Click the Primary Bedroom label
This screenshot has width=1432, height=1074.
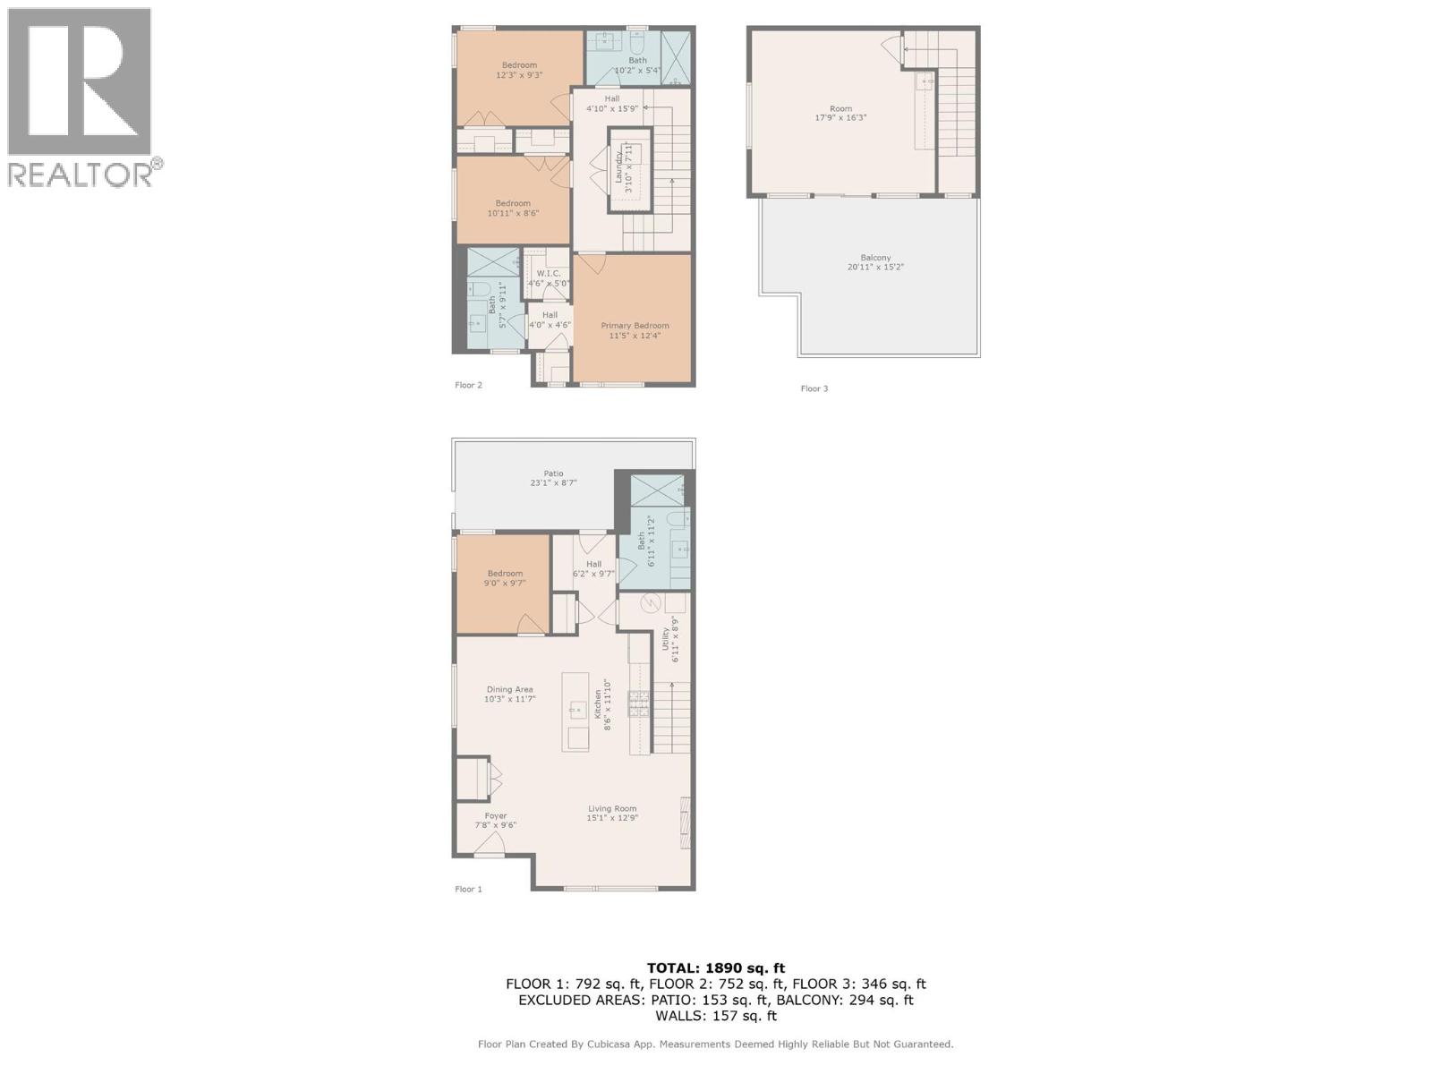635,326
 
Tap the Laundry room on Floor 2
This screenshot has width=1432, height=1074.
630,169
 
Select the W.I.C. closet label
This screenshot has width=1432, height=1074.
548,274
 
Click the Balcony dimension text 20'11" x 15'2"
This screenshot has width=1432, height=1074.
875,268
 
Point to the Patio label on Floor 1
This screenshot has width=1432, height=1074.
553,473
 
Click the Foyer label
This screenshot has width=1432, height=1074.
495,815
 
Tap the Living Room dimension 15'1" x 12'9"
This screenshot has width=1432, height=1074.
612,819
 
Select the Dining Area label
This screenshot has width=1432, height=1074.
509,690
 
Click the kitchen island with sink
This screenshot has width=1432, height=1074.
575,712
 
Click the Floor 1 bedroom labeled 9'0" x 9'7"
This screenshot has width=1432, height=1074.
505,578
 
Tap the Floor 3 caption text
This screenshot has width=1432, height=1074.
814,388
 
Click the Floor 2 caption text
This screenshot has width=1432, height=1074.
468,385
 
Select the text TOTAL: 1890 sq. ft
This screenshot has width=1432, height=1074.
715,967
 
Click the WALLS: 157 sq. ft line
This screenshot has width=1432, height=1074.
715,1016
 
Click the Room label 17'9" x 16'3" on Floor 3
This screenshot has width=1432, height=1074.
840,113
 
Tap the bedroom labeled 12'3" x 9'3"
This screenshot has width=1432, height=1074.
519,70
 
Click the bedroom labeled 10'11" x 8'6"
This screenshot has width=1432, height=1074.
513,209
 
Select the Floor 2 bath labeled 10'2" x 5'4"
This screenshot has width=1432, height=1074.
637,65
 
